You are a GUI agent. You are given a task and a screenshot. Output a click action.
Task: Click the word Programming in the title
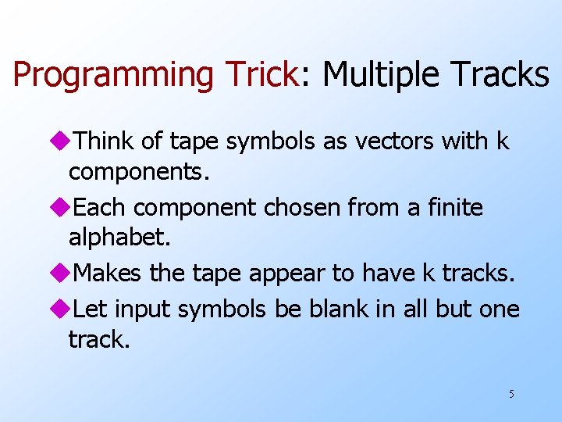pyautogui.click(x=114, y=75)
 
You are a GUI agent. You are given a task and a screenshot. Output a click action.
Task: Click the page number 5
pyautogui.click(x=511, y=394)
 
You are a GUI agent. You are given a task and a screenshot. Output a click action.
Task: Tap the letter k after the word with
pyautogui.click(x=503, y=141)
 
